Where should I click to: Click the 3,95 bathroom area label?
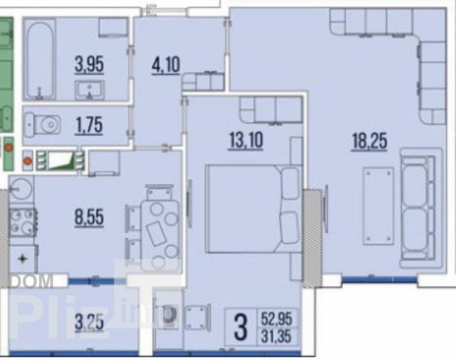[x=89, y=65]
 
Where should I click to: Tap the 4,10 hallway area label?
[x=166, y=65]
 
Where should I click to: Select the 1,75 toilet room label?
[x=89, y=126]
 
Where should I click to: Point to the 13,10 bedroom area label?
[x=246, y=140]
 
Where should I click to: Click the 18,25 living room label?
[x=370, y=142]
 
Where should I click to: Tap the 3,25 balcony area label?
[x=89, y=322]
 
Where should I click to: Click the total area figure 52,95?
[x=276, y=319]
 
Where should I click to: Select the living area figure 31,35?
[x=276, y=337]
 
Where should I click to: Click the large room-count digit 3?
[x=241, y=328]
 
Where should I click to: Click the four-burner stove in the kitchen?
[x=23, y=223]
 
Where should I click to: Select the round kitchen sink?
[x=20, y=189]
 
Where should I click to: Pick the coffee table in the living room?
[x=378, y=205]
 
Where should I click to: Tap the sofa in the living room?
[x=421, y=208]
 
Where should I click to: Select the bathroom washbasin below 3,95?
[x=90, y=90]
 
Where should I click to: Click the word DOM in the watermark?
[x=32, y=281]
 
